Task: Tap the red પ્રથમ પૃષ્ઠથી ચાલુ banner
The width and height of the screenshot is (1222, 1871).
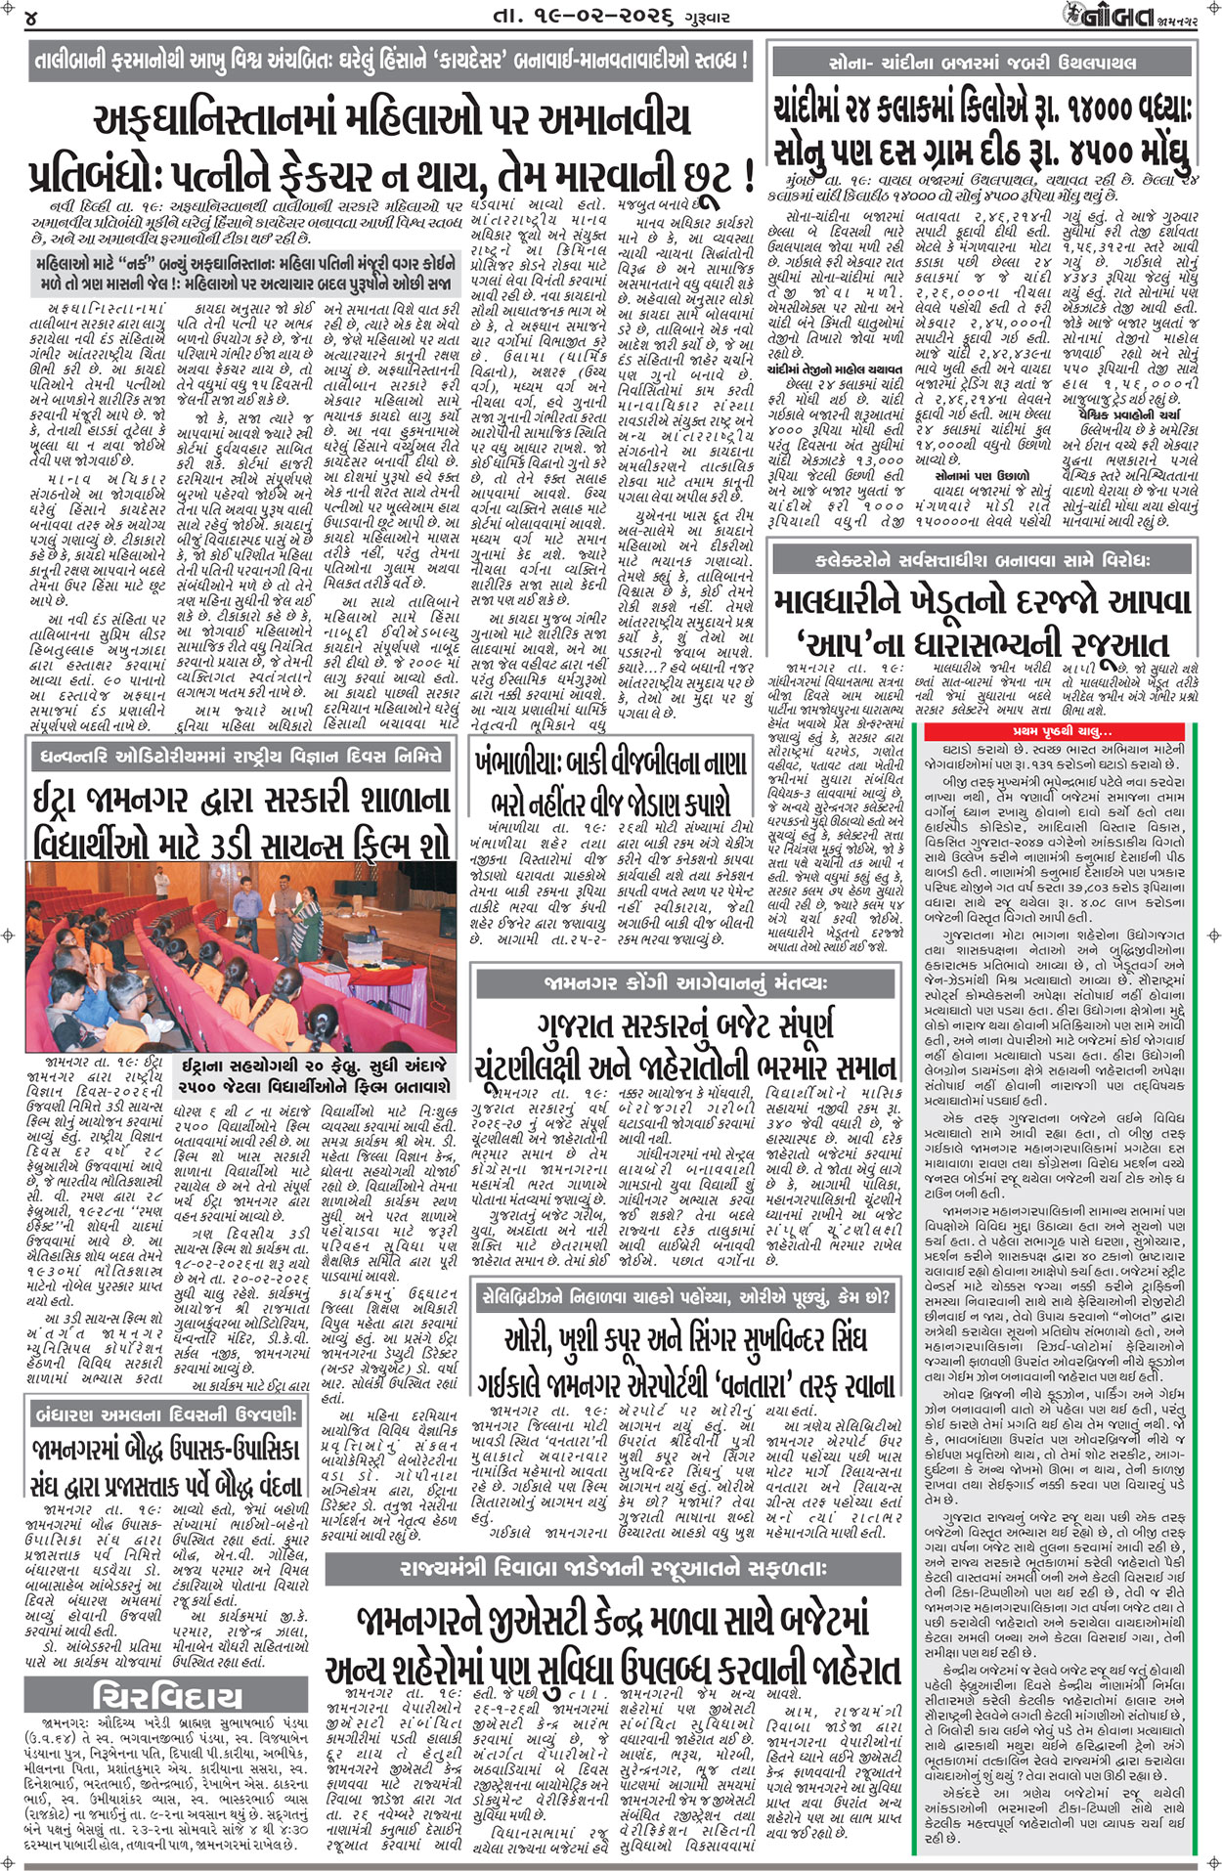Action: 1067,731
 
